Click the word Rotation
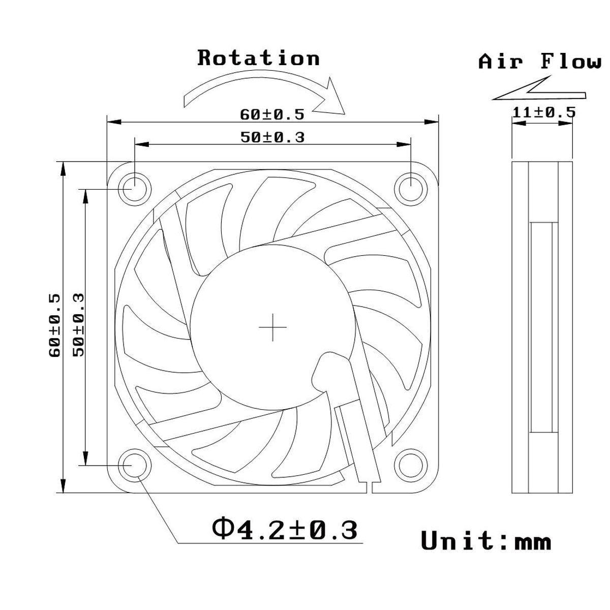(258, 58)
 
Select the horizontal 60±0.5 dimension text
(272, 114)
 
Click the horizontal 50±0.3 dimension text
(272, 137)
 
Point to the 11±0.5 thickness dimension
(543, 112)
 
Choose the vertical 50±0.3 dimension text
(79, 325)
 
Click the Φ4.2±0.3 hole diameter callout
(285, 530)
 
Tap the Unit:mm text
(485, 541)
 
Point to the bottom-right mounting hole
(411, 465)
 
